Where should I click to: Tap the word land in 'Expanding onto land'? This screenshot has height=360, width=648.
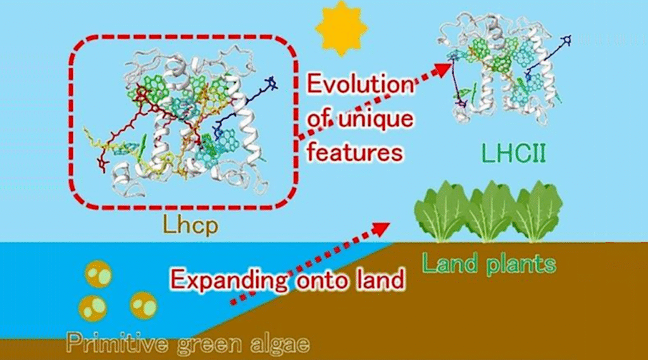tap(378, 278)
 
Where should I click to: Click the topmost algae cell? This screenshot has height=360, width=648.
tap(97, 274)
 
